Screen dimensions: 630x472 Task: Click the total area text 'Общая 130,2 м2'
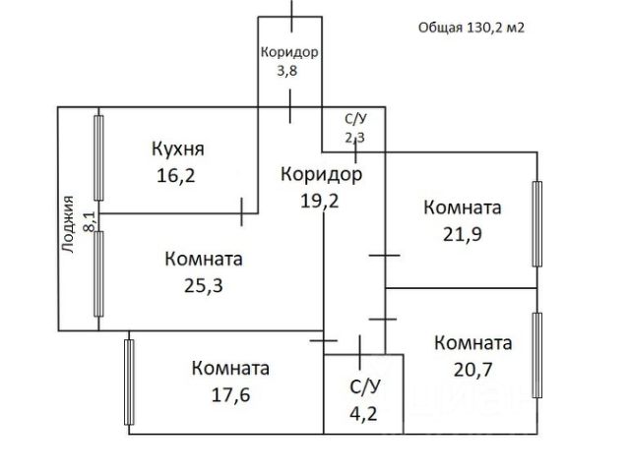coord(471,28)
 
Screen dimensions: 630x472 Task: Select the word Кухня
coord(177,149)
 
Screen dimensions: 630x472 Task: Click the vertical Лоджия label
coord(69,225)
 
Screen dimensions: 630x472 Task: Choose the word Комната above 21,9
coord(462,207)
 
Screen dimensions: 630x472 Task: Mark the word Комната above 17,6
coord(230,369)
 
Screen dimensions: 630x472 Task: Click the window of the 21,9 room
coord(537,224)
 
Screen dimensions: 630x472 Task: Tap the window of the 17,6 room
coord(128,382)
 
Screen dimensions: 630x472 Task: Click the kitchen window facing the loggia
coord(98,157)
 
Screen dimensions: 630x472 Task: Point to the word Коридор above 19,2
coord(321,174)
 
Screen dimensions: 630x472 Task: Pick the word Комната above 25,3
coord(204,260)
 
